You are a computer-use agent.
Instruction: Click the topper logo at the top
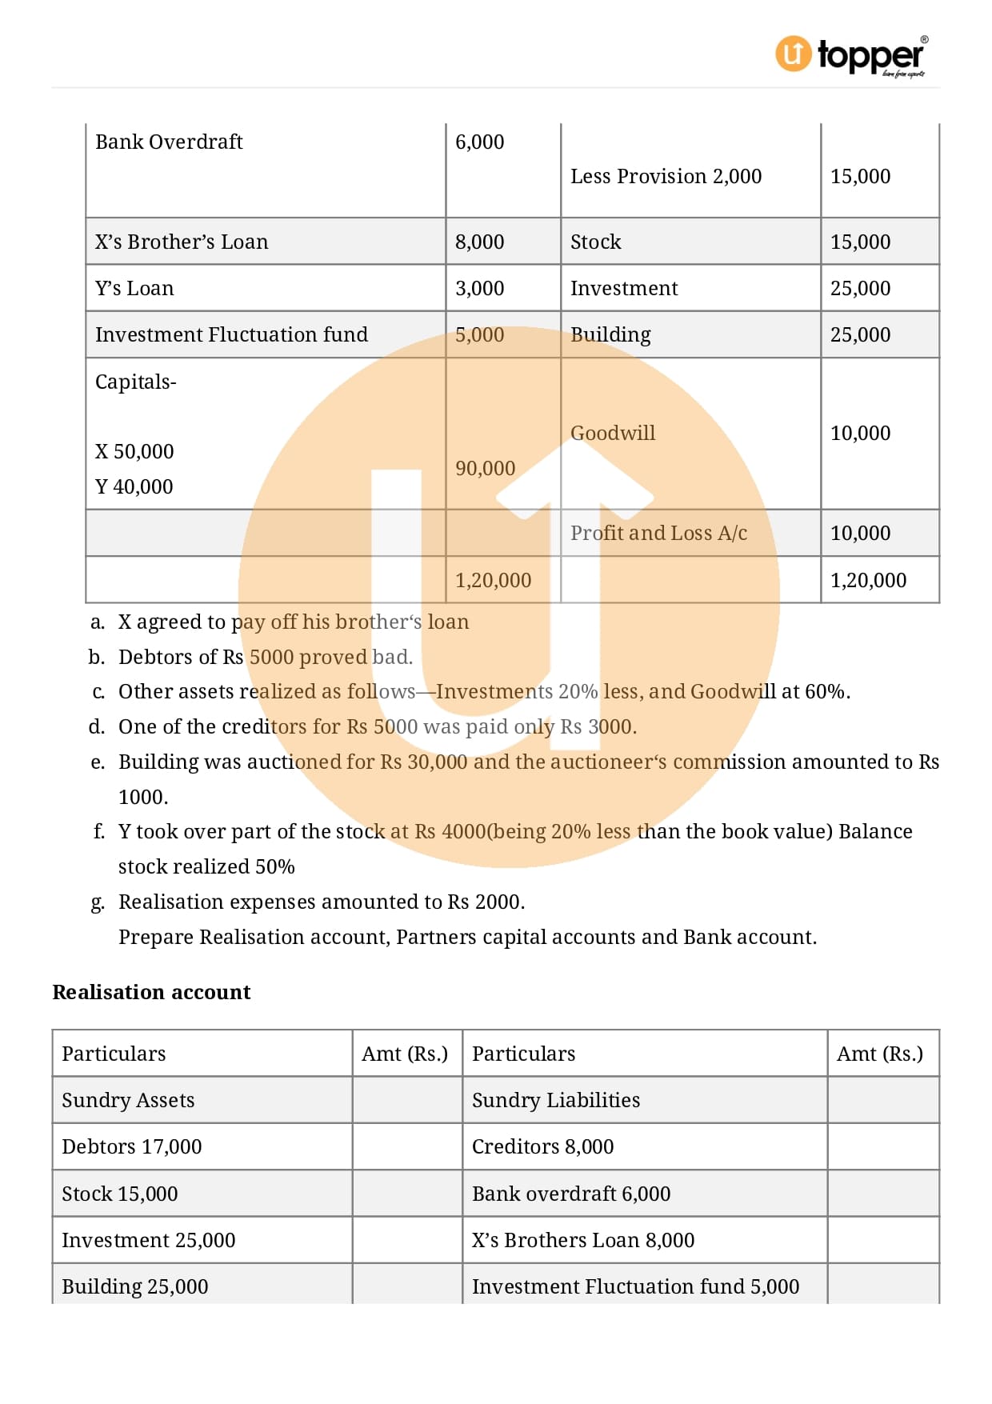[x=851, y=55]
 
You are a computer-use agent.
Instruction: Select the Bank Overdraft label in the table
[x=169, y=142]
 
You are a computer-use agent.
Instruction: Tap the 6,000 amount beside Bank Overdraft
[x=479, y=142]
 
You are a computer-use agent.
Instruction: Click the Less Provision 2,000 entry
[x=666, y=177]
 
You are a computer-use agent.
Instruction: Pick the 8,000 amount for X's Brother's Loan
[x=479, y=242]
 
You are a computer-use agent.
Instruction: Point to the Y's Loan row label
[x=134, y=289]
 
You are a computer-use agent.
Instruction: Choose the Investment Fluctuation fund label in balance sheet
[x=231, y=335]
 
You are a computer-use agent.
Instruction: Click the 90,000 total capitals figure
[x=485, y=469]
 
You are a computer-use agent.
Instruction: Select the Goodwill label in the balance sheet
[x=612, y=434]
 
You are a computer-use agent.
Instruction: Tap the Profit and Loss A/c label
[x=658, y=534]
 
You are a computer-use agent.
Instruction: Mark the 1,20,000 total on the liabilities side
[x=493, y=581]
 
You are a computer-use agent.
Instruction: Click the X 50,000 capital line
[x=134, y=452]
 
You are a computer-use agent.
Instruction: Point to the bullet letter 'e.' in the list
[x=98, y=762]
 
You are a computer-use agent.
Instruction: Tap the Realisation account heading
[x=151, y=993]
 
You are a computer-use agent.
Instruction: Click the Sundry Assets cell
[x=128, y=1101]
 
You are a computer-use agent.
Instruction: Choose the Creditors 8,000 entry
[x=542, y=1147]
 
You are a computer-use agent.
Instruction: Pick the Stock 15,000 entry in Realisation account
[x=120, y=1194]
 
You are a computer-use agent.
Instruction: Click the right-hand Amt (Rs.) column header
[x=880, y=1054]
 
